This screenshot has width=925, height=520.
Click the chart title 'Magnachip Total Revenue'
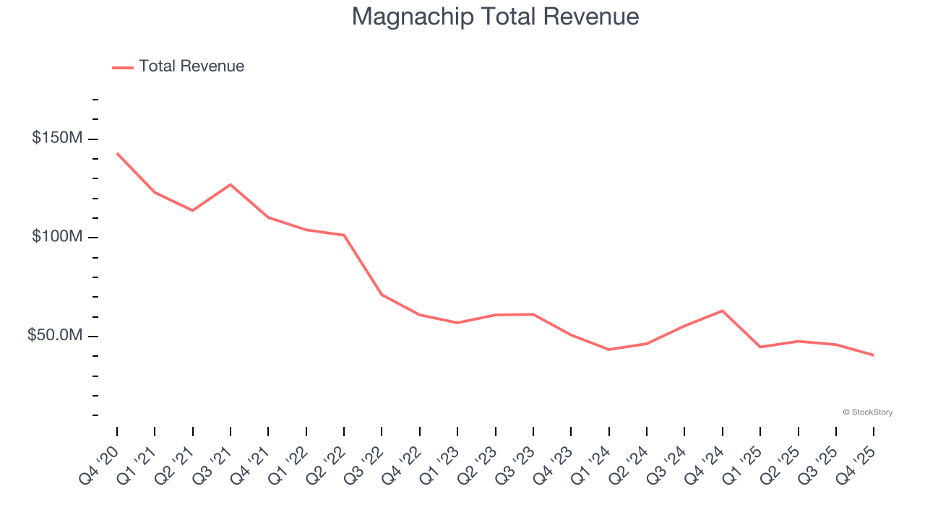495,17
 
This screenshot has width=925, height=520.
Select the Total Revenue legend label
192,66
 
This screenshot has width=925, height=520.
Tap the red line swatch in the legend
123,67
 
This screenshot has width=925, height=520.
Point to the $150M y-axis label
57,138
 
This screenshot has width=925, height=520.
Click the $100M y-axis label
57,237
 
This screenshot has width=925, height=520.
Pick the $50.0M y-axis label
55,336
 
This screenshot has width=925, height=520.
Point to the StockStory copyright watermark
867,412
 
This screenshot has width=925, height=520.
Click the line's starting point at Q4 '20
117,153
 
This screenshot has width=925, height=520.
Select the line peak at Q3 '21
231,184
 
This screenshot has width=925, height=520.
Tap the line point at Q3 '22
382,295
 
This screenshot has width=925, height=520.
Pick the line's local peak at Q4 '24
723,311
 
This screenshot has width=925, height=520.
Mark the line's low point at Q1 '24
609,350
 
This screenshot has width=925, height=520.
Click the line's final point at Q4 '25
874,355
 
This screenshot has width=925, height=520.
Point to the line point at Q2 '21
193,210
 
